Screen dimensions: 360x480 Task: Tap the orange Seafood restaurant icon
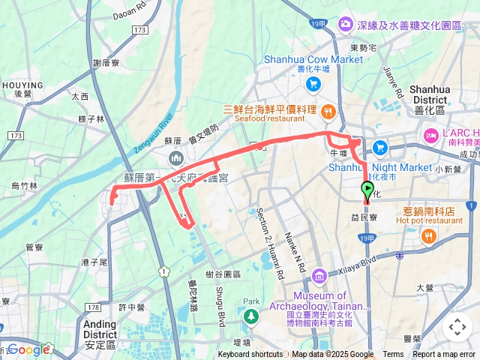pyautogui.click(x=328, y=112)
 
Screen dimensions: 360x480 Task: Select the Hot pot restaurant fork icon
pyautogui.click(x=428, y=236)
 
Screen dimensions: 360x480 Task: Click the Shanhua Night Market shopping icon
pyautogui.click(x=380, y=148)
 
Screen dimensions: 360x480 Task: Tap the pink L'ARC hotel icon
pyautogui.click(x=431, y=135)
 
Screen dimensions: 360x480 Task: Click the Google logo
pyautogui.click(x=28, y=349)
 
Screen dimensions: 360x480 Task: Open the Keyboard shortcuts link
pyautogui.click(x=250, y=355)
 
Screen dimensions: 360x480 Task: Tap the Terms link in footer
pyautogui.click(x=393, y=355)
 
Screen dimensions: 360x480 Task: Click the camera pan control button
pyautogui.click(x=457, y=327)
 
